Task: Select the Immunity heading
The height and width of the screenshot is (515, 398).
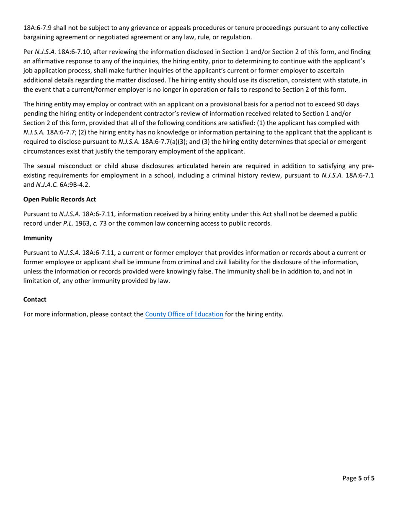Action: (x=38, y=238)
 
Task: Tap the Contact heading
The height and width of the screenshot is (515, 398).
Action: (x=35, y=299)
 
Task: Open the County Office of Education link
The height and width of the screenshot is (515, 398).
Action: (x=184, y=314)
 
